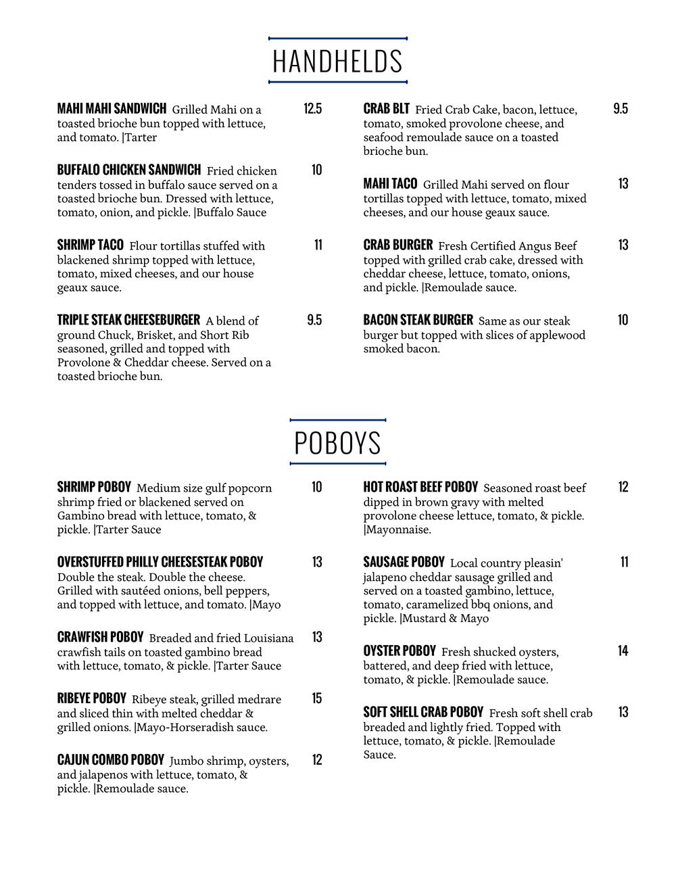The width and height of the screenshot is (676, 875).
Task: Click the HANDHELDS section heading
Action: click(337, 61)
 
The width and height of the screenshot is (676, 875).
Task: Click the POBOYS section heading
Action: click(337, 443)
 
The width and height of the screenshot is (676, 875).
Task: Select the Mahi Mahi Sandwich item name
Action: click(112, 109)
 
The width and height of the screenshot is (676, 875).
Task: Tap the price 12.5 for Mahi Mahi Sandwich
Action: click(312, 109)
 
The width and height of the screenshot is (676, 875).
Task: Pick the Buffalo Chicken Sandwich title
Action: click(128, 170)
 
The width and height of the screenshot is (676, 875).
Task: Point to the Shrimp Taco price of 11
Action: click(318, 245)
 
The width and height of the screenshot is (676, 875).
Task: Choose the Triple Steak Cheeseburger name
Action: click(128, 320)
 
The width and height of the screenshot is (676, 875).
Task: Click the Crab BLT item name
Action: click(386, 109)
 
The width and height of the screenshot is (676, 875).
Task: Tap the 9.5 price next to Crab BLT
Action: click(621, 109)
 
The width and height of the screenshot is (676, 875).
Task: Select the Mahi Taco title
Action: click(390, 184)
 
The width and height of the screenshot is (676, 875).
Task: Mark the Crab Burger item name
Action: click(397, 245)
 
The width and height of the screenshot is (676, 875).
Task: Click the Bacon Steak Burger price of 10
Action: click(623, 320)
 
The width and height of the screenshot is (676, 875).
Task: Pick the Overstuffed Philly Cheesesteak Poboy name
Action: click(160, 562)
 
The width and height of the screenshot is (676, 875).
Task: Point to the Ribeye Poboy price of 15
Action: click(317, 699)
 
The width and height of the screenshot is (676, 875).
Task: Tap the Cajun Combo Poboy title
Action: click(110, 760)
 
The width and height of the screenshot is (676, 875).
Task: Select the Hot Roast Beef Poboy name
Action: click(420, 487)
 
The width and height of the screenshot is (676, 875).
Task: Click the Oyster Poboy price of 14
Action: click(623, 651)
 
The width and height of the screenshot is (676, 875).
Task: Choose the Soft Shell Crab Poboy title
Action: click(423, 712)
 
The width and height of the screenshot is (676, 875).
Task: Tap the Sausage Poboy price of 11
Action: click(624, 562)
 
